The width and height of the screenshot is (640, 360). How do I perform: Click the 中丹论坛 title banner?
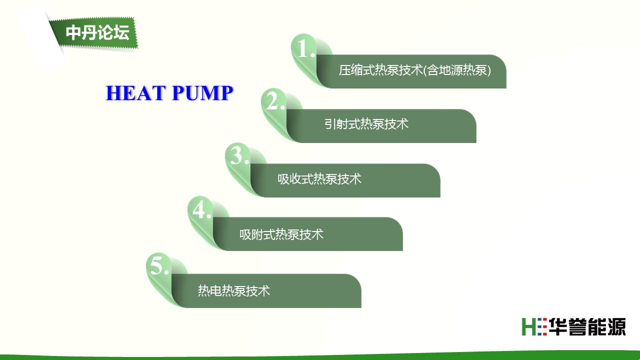coord(94,33)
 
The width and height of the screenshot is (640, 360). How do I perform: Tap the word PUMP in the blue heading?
coord(202,93)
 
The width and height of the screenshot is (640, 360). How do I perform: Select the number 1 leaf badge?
coord(305,57)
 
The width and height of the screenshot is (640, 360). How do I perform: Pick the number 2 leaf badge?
coord(275,112)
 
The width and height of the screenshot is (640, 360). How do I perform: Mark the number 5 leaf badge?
coord(159,276)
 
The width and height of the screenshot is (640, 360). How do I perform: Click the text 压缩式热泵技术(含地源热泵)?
coord(415,70)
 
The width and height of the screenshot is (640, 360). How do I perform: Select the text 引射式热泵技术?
coord(366,124)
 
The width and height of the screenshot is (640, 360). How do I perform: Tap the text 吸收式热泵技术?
coord(319,179)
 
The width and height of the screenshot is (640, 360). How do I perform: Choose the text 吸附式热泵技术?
coord(281,234)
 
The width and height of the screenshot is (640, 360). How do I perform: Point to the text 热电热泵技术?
coord(234,290)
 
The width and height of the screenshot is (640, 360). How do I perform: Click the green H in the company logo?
coord(528,326)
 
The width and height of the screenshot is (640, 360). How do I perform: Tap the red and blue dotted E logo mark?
coord(542,326)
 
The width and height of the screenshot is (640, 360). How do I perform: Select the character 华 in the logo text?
coord(557,326)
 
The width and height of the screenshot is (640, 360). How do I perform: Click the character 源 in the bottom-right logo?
coord(616,326)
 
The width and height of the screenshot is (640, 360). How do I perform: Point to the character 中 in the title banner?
coord(73,32)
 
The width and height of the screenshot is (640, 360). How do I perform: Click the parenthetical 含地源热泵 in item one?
coord(457,70)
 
